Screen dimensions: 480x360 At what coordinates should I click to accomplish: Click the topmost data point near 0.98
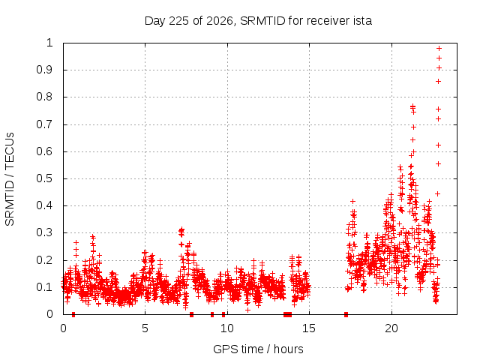pyautogui.click(x=439, y=48)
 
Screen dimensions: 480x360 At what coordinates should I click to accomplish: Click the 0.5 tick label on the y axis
pyautogui.click(x=45, y=178)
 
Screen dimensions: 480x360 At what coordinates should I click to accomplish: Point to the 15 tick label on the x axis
pyautogui.click(x=308, y=328)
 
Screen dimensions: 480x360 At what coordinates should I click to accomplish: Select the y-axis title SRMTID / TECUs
pyautogui.click(x=10, y=179)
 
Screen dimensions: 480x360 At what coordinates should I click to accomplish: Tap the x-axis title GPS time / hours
pyautogui.click(x=258, y=349)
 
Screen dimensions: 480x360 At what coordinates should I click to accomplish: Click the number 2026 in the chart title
pyautogui.click(x=220, y=21)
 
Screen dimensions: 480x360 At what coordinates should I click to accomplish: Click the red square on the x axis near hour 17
pyautogui.click(x=346, y=314)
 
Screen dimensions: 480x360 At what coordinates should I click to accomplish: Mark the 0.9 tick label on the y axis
pyautogui.click(x=45, y=70)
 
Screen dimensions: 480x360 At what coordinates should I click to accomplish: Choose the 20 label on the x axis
pyautogui.click(x=391, y=328)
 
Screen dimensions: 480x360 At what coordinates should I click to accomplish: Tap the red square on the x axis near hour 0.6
pyautogui.click(x=73, y=314)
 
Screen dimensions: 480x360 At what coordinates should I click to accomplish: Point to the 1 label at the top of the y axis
pyautogui.click(x=49, y=43)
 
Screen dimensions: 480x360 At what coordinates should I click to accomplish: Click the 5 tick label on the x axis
pyautogui.click(x=145, y=328)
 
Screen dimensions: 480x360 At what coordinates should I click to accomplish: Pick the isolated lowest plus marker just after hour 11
pyautogui.click(x=248, y=310)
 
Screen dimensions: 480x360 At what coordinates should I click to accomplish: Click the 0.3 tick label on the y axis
pyautogui.click(x=45, y=232)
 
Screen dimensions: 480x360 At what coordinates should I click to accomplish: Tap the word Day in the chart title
pyautogui.click(x=155, y=21)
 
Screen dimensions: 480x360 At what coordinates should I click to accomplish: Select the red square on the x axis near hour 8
pyautogui.click(x=192, y=314)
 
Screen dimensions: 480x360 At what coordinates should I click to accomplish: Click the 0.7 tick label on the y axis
pyautogui.click(x=45, y=124)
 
